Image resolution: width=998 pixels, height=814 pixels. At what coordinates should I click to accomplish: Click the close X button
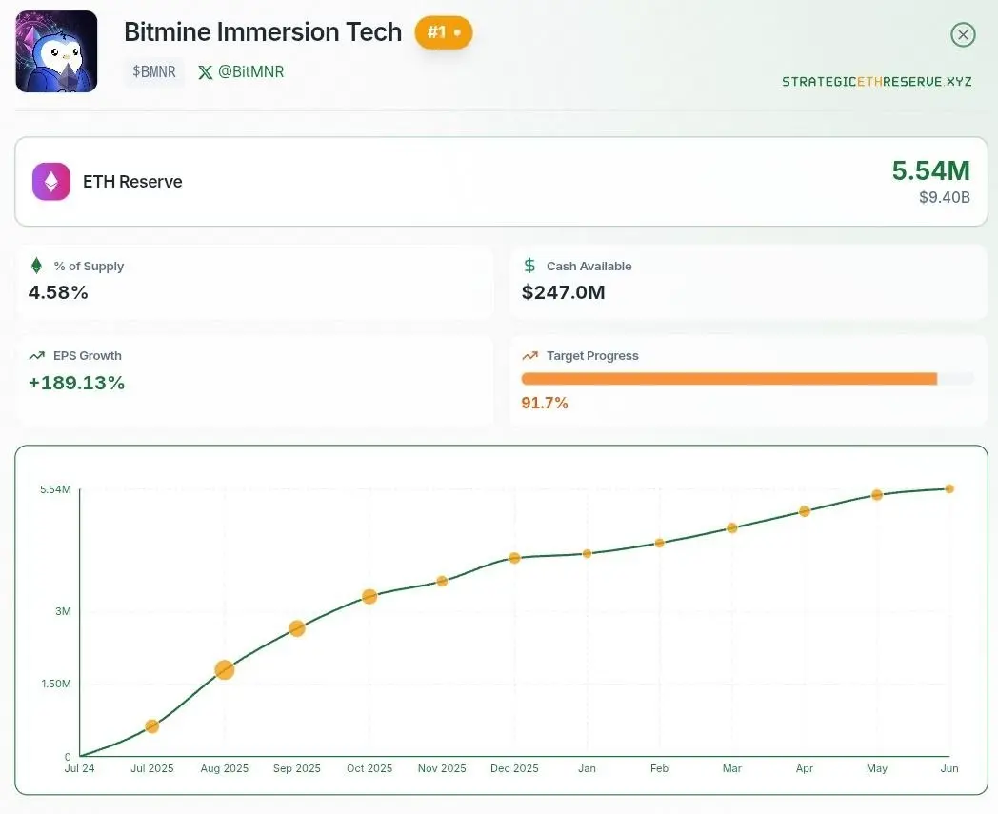click(963, 34)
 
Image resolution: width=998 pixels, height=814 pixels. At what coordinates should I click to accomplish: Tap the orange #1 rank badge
click(444, 32)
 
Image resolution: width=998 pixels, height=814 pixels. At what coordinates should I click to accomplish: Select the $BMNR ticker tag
click(154, 72)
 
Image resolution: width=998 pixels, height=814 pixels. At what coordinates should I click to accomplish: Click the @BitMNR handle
click(241, 72)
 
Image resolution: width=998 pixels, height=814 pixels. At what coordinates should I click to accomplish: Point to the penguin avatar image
click(56, 51)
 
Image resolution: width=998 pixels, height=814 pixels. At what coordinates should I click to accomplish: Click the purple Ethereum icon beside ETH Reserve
click(50, 182)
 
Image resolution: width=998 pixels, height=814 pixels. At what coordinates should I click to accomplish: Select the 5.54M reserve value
click(930, 170)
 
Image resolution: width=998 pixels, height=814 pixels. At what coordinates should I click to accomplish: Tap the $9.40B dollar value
click(945, 197)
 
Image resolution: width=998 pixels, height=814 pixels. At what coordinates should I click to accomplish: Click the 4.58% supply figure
click(58, 292)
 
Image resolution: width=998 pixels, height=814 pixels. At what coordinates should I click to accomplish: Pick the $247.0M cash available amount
click(564, 292)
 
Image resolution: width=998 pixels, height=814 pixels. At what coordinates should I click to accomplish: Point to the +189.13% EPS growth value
click(76, 383)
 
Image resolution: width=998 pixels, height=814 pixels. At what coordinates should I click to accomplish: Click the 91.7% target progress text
click(545, 403)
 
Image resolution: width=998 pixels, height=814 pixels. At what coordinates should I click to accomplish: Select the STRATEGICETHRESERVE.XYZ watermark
click(876, 82)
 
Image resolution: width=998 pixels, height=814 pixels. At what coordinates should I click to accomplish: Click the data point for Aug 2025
click(224, 669)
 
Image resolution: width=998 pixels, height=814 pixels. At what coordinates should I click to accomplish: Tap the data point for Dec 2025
click(514, 558)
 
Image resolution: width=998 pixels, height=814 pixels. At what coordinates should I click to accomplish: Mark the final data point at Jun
click(949, 488)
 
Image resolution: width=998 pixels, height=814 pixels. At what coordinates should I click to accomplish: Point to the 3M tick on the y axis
click(63, 611)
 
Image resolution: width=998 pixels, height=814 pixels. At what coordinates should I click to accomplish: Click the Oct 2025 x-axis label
click(369, 768)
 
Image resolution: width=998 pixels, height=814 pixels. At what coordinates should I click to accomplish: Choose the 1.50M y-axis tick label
click(56, 684)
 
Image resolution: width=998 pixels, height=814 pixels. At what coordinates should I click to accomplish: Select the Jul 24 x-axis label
click(80, 768)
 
